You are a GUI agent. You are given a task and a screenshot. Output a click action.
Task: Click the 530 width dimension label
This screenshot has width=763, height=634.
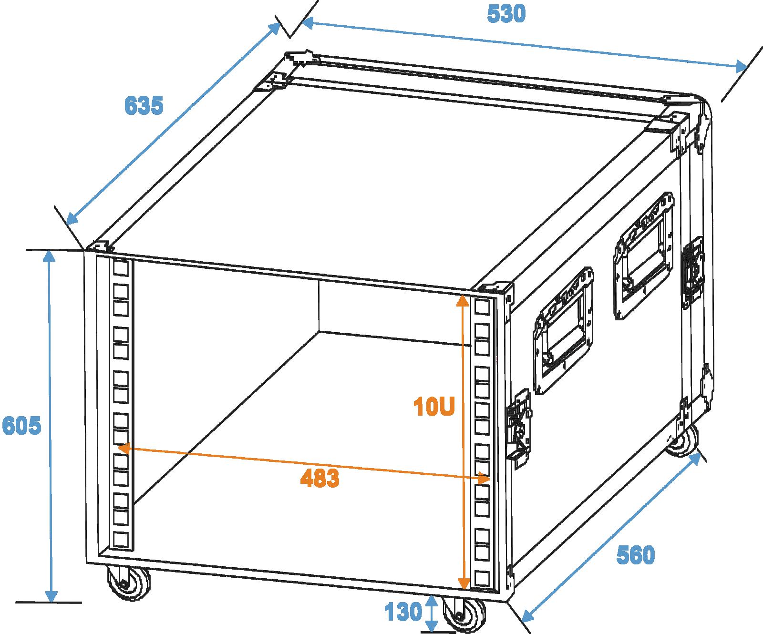[506, 14]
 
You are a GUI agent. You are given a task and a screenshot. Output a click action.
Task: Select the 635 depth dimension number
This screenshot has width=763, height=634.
[144, 106]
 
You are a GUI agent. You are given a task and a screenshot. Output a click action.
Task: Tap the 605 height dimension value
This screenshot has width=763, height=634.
[22, 426]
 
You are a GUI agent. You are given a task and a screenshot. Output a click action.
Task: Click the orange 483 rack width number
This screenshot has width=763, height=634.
[320, 478]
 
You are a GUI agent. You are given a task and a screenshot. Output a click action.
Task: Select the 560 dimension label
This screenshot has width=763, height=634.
[636, 555]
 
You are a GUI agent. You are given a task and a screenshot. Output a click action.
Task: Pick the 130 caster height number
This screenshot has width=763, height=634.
[403, 612]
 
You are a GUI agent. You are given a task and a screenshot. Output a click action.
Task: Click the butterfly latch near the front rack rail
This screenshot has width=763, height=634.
[519, 425]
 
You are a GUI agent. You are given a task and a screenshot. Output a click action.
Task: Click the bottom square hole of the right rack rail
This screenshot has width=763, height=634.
[482, 578]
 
